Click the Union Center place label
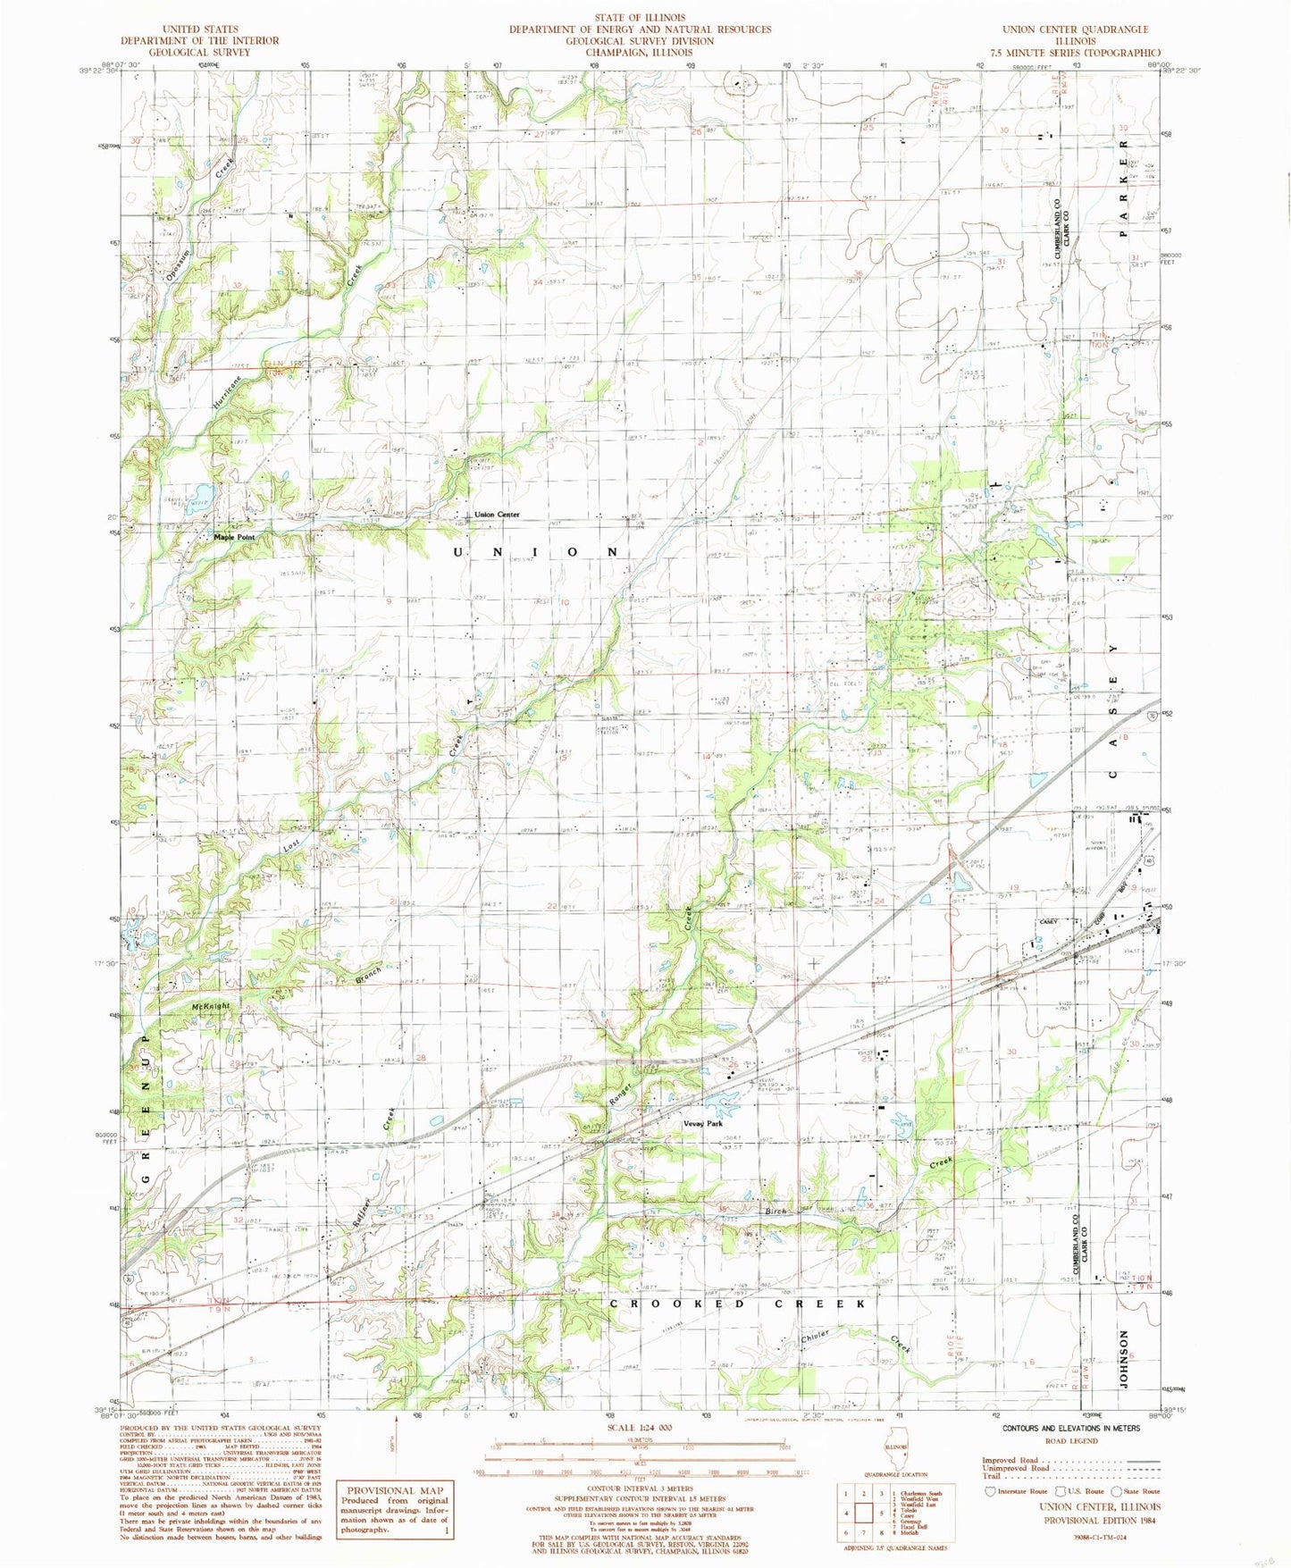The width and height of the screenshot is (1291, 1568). [497, 515]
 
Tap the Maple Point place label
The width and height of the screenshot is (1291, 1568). [234, 537]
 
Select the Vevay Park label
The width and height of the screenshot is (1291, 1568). [703, 1123]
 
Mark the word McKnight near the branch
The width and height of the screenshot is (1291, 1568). [211, 1005]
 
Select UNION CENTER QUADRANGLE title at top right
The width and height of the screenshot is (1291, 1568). [1075, 29]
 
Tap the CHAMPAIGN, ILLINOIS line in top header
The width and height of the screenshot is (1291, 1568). [640, 52]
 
